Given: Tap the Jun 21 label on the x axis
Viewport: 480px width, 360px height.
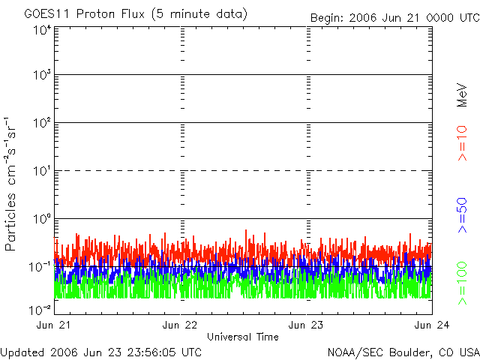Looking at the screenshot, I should [x=55, y=325].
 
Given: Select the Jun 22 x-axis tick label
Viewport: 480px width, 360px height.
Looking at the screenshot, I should [x=181, y=325].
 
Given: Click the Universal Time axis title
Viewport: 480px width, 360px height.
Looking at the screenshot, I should [x=242, y=337].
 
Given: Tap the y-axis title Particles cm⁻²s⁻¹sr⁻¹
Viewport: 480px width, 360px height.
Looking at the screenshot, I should [x=10, y=183].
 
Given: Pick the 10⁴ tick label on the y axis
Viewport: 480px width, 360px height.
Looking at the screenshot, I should [x=42, y=31].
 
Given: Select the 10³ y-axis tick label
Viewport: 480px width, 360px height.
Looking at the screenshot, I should [x=42, y=75].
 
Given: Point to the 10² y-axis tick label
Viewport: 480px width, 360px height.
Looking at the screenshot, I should [x=42, y=123].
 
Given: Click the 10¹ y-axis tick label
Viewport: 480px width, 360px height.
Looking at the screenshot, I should [x=42, y=171].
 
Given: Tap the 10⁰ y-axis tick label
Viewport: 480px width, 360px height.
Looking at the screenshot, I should [x=42, y=219].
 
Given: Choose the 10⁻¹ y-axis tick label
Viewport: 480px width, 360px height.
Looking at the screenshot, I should [x=40, y=267].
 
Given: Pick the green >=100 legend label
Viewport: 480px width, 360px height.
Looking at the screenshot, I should [x=462, y=282].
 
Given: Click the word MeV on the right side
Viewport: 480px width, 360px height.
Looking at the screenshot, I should [x=462, y=95].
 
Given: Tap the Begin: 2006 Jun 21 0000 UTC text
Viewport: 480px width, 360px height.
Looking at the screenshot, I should [x=394, y=16].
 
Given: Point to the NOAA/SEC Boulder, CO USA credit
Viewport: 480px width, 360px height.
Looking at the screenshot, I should [x=403, y=352].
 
